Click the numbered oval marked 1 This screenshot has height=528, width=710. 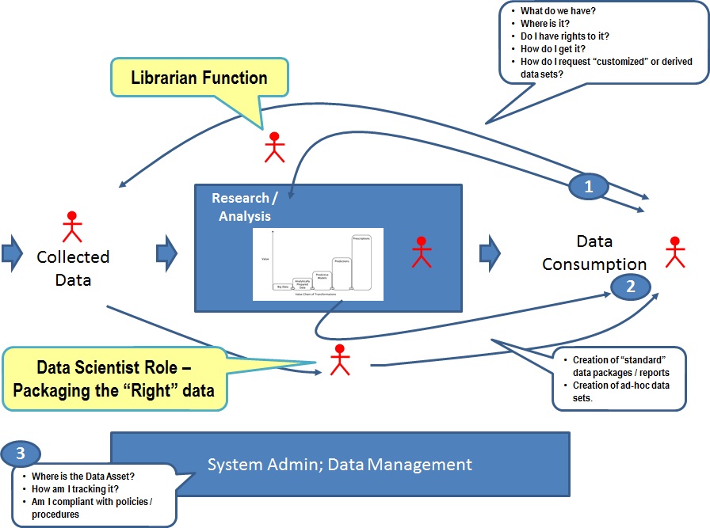point(588,187)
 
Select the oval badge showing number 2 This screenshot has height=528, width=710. point(631,287)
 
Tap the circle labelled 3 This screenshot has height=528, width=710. point(21,455)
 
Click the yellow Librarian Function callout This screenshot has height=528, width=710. point(199,78)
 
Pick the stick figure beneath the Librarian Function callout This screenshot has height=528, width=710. point(274,146)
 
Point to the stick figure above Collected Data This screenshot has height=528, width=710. point(72,226)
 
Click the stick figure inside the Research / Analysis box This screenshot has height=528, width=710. point(422,252)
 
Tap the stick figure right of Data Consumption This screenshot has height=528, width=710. point(674,252)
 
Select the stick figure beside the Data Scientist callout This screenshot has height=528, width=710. point(340,360)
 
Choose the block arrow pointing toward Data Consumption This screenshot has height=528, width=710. point(490,252)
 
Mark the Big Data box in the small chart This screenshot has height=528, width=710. point(282,287)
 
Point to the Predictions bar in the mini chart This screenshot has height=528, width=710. point(342,274)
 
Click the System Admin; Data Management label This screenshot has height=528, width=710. point(340,465)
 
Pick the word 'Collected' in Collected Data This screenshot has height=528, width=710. point(73,257)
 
